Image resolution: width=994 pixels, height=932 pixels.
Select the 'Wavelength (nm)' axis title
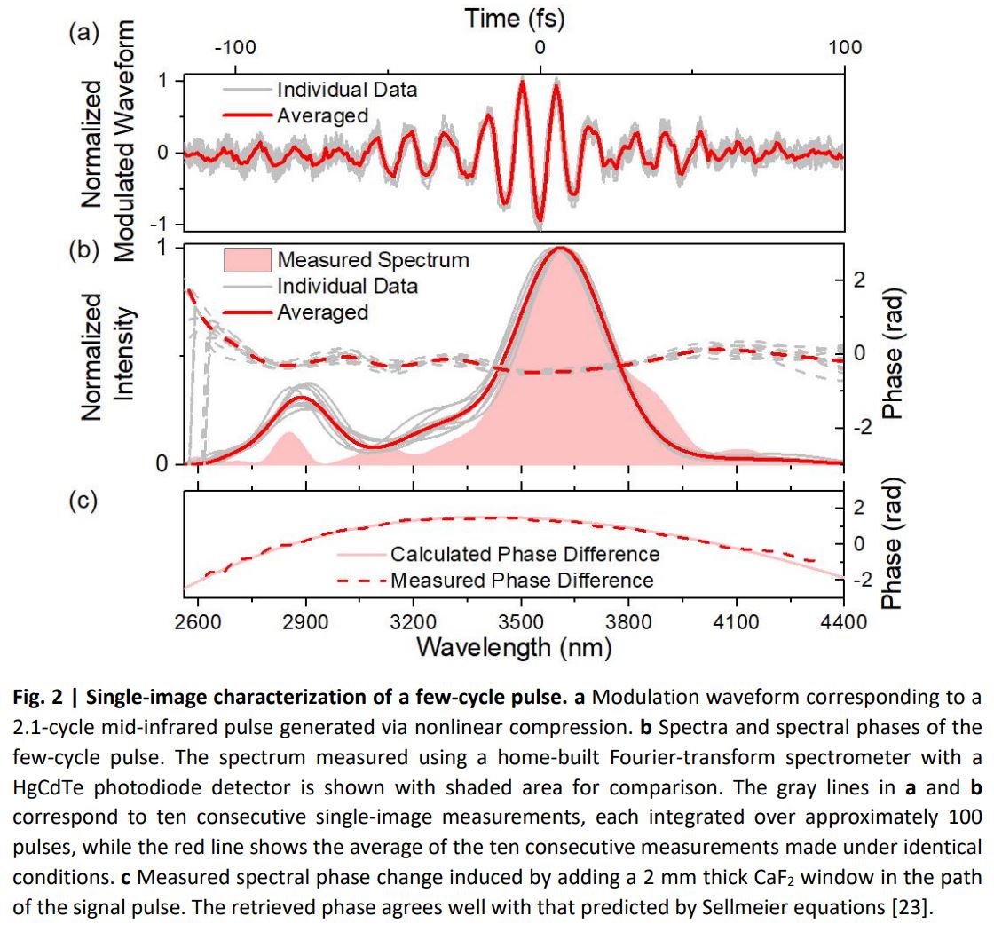click(x=514, y=646)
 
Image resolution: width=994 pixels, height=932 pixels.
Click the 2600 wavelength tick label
click(x=198, y=621)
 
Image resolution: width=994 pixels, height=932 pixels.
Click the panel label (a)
click(x=83, y=33)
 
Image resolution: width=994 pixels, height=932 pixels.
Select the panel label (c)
click(x=83, y=501)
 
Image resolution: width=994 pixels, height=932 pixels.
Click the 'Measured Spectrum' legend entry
click(x=373, y=260)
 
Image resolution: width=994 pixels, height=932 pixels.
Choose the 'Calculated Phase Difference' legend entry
click(x=525, y=554)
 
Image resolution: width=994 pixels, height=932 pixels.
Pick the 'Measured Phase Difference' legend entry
click(x=522, y=581)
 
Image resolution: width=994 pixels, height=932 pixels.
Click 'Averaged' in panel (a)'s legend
click(x=322, y=115)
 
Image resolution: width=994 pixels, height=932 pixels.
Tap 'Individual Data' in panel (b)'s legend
click(x=347, y=286)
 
